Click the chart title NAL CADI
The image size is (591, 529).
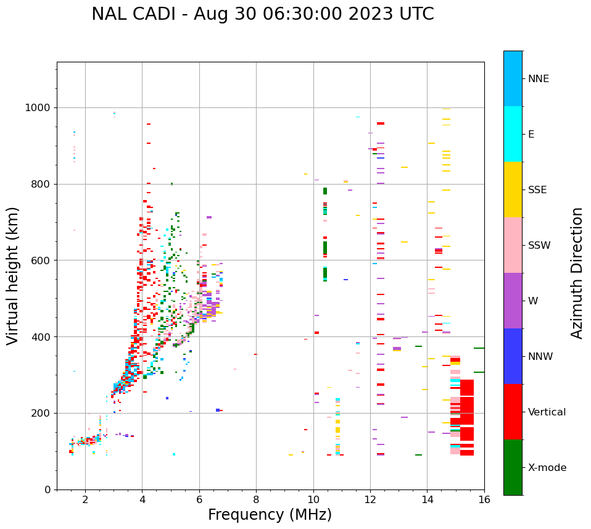click(x=136, y=14)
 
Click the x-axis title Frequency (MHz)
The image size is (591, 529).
click(x=270, y=515)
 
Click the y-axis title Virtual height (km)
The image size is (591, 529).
click(x=13, y=276)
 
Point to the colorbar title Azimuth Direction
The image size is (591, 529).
click(x=577, y=273)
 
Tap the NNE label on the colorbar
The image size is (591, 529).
click(x=539, y=79)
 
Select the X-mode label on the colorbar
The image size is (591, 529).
click(x=547, y=468)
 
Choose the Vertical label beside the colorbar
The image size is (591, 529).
click(x=547, y=412)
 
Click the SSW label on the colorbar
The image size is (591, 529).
click(x=539, y=246)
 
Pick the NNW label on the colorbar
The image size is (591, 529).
click(x=540, y=357)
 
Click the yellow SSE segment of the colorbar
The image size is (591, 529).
click(x=513, y=190)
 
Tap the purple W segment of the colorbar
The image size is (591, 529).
click(x=513, y=301)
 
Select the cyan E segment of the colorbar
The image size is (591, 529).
click(x=513, y=134)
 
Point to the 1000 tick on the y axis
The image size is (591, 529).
click(x=39, y=108)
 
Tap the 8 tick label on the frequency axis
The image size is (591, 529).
click(x=256, y=499)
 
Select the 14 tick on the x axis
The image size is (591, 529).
click(x=427, y=499)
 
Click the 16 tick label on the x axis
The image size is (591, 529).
click(x=484, y=499)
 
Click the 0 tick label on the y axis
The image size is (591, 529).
click(x=48, y=489)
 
